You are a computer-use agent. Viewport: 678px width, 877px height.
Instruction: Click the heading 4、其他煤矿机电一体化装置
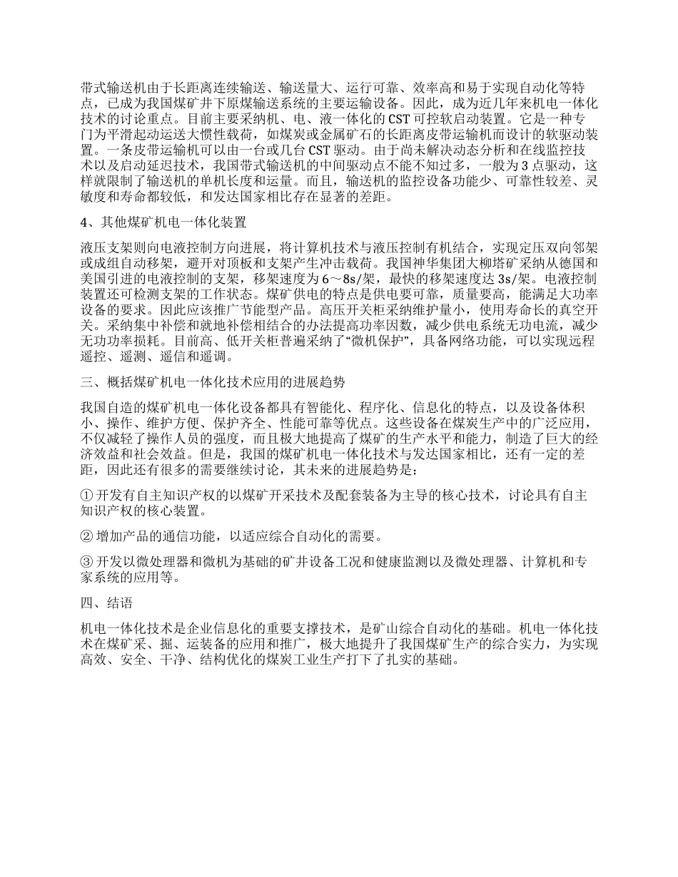(163, 223)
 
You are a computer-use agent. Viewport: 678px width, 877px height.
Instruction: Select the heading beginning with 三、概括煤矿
(213, 381)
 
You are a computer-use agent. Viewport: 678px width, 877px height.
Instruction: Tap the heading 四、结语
(106, 602)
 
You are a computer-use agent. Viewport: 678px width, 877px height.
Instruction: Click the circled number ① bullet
(86, 496)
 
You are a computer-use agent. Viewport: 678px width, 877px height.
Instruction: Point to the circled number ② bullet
(86, 535)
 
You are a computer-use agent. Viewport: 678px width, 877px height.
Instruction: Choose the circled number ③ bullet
(86, 562)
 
